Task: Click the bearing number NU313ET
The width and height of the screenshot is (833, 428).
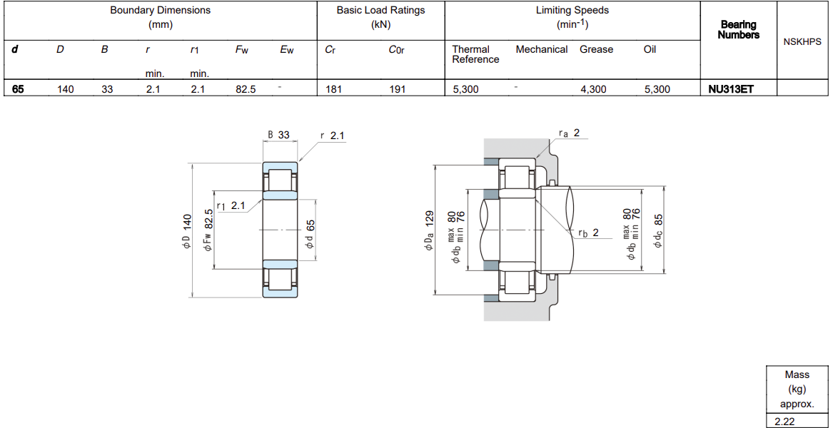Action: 731,90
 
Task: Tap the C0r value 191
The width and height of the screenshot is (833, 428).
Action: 397,90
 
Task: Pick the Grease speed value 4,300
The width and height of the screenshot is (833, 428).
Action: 593,90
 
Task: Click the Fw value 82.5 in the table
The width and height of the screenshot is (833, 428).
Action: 246,90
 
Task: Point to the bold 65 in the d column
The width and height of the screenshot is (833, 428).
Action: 18,90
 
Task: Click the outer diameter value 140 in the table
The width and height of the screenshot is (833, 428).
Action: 66,90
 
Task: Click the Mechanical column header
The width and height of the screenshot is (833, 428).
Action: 541,49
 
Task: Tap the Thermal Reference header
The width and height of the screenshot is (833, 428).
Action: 475,54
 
